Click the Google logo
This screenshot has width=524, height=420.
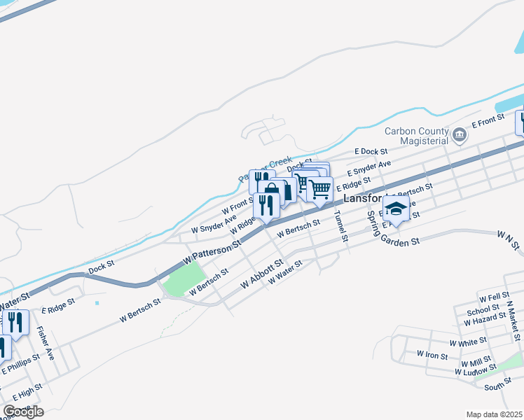click(23, 412)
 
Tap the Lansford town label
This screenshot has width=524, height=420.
click(365, 199)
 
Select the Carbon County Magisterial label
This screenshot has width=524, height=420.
click(415, 136)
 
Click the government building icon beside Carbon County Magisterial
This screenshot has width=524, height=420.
click(460, 135)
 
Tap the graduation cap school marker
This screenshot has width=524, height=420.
click(396, 209)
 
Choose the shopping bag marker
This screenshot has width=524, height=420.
click(272, 191)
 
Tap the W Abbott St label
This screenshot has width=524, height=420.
click(261, 274)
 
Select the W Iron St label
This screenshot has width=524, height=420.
click(432, 356)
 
